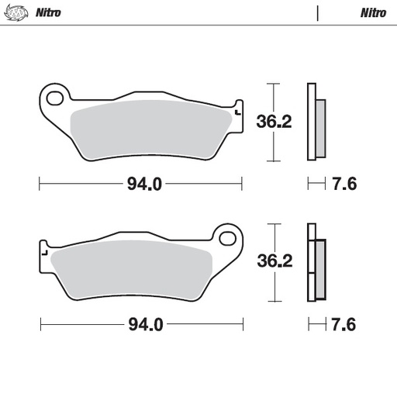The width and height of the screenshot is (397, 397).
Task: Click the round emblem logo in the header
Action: tap(16, 12)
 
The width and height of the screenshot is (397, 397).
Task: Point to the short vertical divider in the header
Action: tap(318, 12)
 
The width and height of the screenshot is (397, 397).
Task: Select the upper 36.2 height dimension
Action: tap(274, 121)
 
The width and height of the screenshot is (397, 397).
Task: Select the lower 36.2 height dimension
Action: tap(274, 261)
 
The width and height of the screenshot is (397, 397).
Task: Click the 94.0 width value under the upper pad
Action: tap(143, 185)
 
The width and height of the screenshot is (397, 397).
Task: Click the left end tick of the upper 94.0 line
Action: tap(40, 185)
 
